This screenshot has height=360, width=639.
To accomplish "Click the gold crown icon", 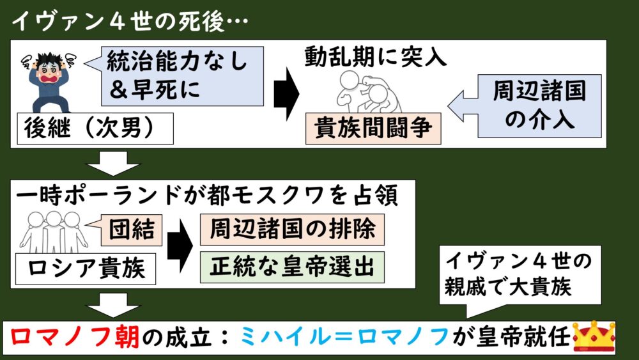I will pos(594,336).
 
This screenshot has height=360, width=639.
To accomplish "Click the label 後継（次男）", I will pos(95,130).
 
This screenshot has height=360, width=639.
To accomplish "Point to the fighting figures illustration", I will pos(358,93).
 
